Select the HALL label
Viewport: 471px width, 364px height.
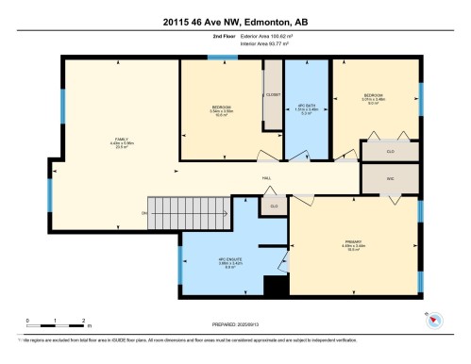[x=267, y=176]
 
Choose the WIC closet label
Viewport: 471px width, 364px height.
[x=390, y=176]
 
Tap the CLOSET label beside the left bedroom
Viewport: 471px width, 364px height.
[x=274, y=95]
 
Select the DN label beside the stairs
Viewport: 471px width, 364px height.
[x=144, y=214]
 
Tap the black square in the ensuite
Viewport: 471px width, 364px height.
[x=275, y=287]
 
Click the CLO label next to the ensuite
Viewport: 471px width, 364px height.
[x=274, y=206]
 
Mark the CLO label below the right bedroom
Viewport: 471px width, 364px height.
[x=390, y=150]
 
